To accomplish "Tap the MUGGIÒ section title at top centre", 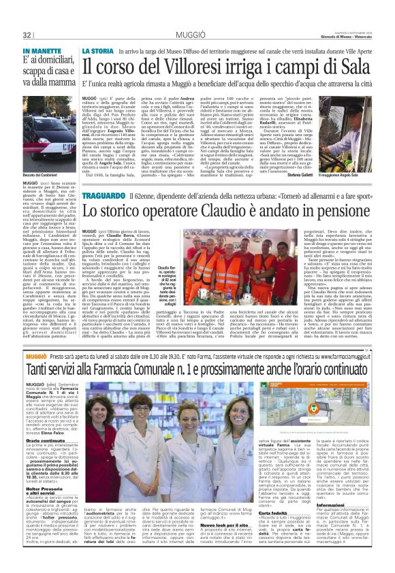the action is tap(197, 34).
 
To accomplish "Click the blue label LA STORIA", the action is tap(98, 52).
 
